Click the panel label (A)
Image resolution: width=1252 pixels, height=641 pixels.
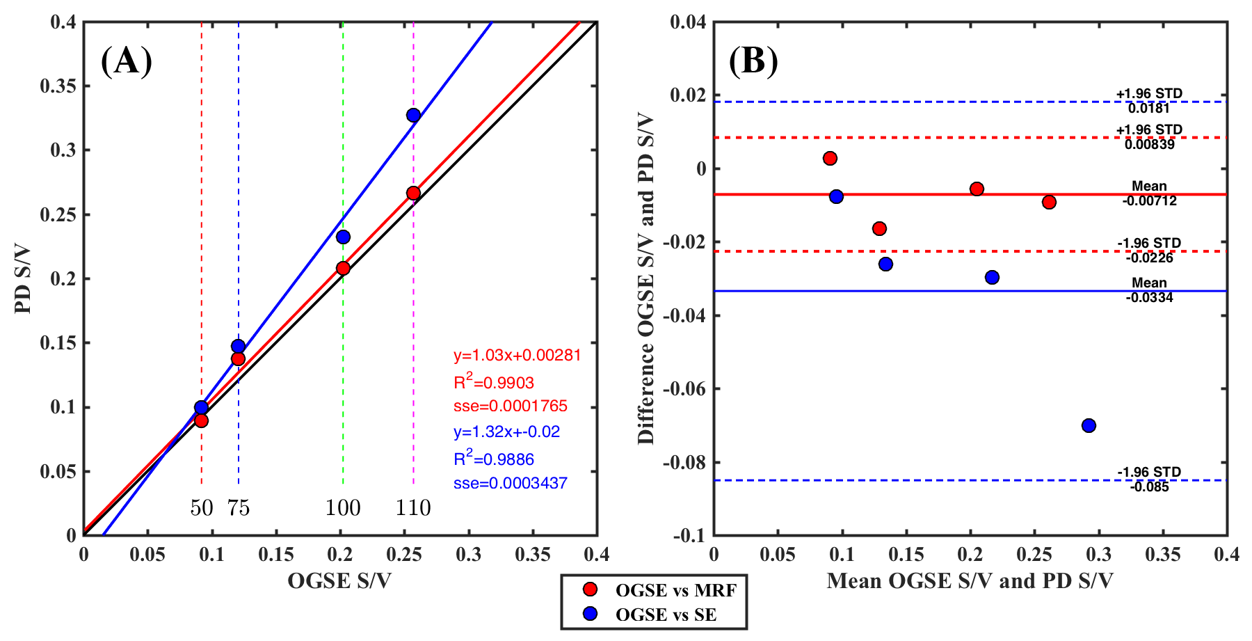click(127, 61)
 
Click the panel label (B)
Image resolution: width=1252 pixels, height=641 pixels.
click(753, 61)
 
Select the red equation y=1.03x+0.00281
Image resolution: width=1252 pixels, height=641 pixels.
click(517, 356)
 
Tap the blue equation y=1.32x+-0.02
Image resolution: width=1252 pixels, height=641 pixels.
click(506, 432)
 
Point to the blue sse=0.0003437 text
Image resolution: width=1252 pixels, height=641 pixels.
click(510, 483)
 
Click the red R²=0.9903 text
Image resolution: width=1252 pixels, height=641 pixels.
click(494, 382)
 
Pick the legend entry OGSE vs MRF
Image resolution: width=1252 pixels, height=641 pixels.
click(675, 590)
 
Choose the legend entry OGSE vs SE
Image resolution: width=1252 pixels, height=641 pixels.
click(665, 615)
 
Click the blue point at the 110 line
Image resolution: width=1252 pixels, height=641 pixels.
click(413, 116)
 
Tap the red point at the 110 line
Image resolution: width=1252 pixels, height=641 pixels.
click(413, 193)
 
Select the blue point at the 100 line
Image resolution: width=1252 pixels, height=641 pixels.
click(343, 237)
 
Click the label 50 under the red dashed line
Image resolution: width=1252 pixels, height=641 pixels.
click(202, 508)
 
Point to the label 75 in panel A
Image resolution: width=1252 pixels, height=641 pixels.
click(239, 508)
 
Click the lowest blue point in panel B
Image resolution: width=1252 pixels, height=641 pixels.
click(1089, 425)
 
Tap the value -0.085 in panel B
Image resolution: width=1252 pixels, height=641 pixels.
click(1149, 487)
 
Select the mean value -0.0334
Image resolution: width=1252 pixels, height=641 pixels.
click(1149, 298)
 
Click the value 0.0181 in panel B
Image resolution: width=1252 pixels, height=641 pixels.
click(1149, 108)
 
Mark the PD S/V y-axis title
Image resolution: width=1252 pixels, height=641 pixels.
click(23, 278)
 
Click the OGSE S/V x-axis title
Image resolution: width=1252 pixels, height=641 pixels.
click(339, 581)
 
